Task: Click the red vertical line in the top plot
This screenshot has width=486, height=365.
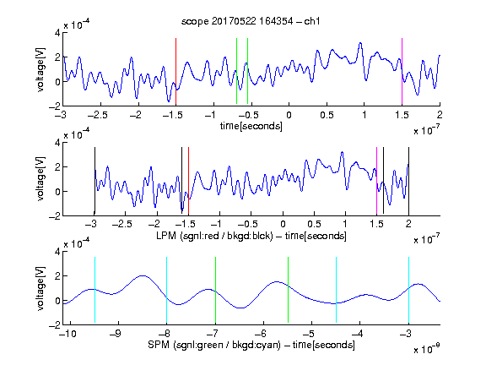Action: (175, 71)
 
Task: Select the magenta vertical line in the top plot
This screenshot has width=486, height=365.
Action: (402, 71)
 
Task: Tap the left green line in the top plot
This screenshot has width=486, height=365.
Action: (236, 71)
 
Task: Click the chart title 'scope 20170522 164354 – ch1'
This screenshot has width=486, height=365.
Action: (251, 21)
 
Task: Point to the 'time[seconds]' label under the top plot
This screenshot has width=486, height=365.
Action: (251, 126)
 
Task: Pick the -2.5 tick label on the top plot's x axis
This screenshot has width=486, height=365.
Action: (97, 115)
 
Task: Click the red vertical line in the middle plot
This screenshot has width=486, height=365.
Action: (188, 182)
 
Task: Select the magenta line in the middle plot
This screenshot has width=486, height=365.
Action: (376, 181)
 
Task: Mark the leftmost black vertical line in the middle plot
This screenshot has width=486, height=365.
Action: (94, 181)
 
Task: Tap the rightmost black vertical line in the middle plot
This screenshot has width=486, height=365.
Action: (408, 181)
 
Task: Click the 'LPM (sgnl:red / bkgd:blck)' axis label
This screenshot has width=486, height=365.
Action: (214, 236)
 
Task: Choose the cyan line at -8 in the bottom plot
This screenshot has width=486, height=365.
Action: (166, 290)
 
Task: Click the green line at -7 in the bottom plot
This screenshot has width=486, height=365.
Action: (215, 290)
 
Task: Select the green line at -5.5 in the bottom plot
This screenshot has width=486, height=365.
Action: (288, 290)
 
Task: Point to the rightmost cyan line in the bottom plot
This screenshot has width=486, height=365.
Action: (408, 290)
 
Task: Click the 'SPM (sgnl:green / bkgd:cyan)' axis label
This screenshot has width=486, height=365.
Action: (214, 345)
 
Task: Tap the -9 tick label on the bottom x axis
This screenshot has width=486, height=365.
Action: (116, 334)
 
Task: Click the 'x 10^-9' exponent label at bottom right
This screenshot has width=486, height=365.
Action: (426, 349)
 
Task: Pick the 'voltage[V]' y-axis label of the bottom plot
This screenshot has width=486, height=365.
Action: (40, 288)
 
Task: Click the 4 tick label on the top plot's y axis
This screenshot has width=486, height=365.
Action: (57, 33)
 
